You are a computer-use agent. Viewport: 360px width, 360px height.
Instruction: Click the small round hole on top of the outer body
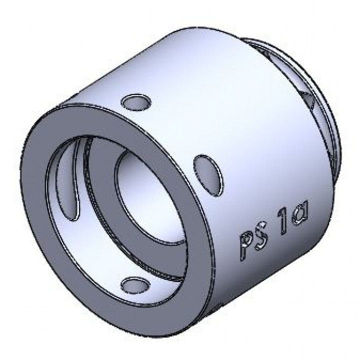point(135,102)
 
